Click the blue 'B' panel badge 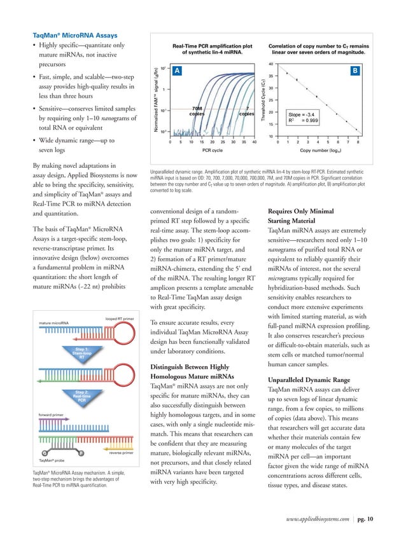[355, 72]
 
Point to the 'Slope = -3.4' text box [307, 116]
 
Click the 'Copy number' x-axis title [316, 151]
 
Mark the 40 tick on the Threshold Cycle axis [270, 64]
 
